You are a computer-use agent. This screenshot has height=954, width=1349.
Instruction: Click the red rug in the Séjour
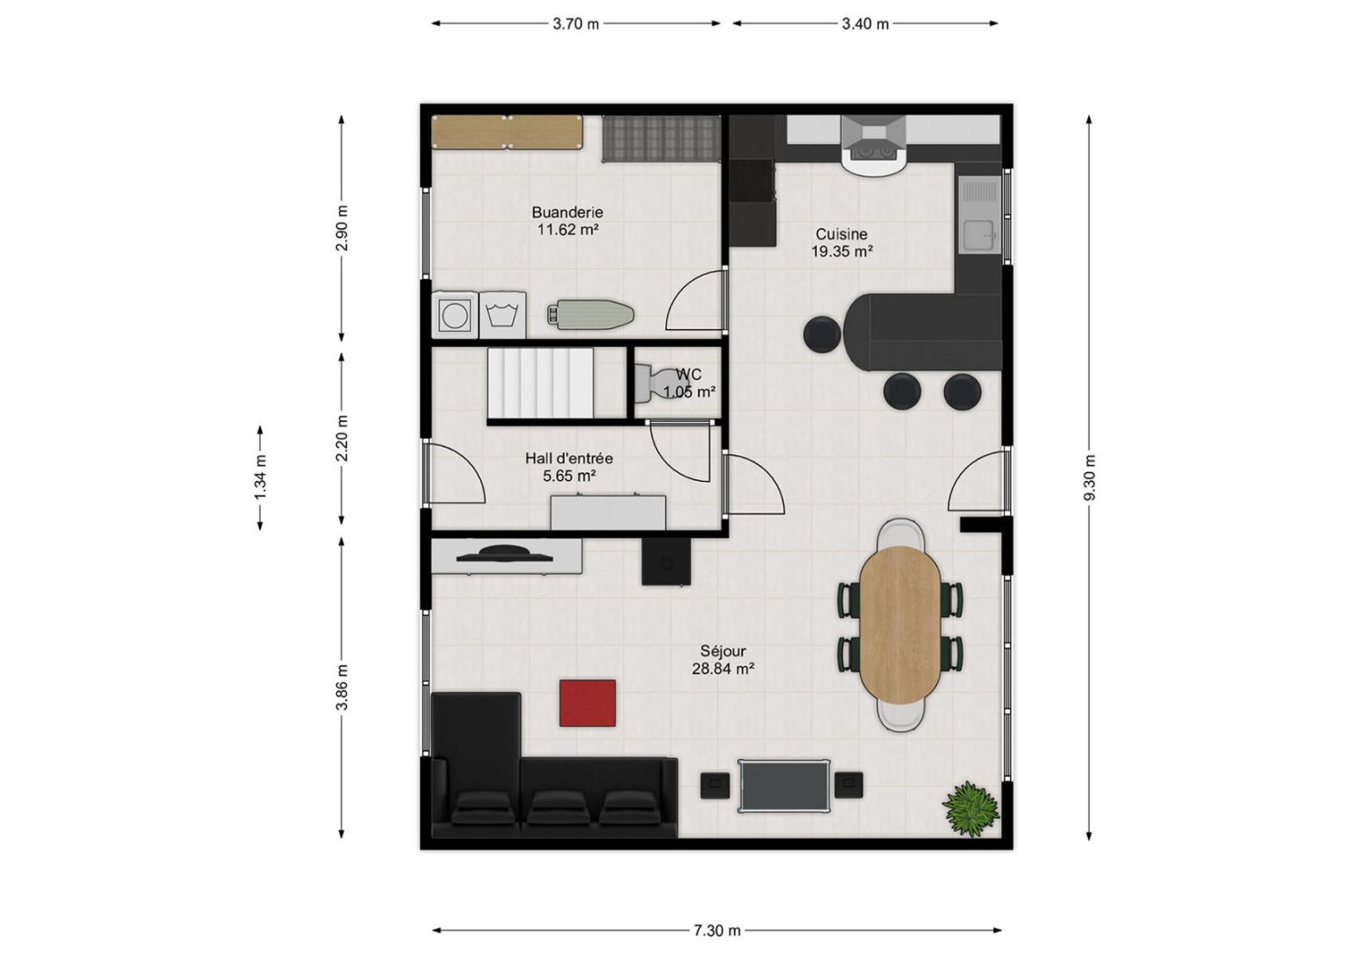coord(588,703)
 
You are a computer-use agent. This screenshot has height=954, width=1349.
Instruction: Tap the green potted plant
coord(970,808)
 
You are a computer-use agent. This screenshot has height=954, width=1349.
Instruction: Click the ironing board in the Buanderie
coord(590,313)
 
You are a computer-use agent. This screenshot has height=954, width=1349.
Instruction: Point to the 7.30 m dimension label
coord(717,930)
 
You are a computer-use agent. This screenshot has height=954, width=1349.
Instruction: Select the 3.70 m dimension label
coord(576,24)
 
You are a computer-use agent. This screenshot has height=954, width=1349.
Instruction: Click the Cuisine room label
coord(841,234)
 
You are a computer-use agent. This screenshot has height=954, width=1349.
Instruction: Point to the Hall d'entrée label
coord(569,459)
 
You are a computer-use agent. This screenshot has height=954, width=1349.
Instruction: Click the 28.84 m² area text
coord(724,668)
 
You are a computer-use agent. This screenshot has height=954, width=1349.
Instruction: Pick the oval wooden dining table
coord(899,625)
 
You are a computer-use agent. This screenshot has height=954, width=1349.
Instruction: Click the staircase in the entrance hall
coord(540,383)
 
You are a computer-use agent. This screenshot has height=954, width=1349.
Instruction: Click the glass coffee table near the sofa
coord(784,785)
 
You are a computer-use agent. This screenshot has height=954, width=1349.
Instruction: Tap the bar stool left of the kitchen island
coord(822,334)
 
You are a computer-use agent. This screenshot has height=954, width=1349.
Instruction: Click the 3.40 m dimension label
coord(865,24)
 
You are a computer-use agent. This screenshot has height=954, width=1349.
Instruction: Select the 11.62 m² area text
coord(568,229)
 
